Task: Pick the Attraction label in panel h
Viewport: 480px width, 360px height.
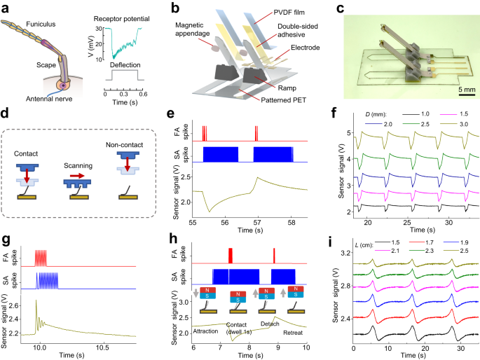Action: [x=211, y=330]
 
